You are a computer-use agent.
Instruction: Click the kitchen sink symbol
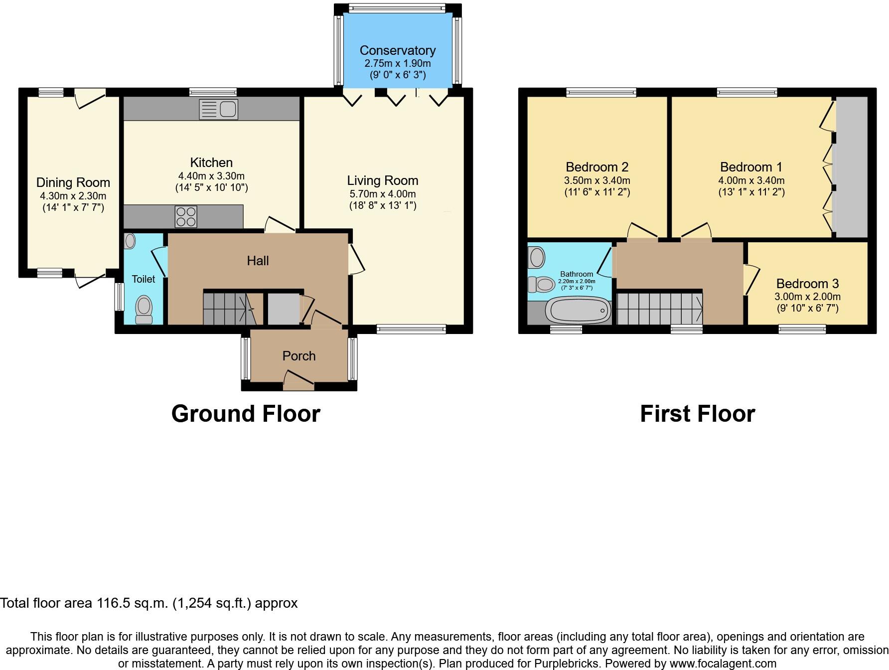click(x=219, y=109)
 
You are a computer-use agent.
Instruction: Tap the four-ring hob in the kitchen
click(x=185, y=217)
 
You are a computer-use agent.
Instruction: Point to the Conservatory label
click(x=397, y=50)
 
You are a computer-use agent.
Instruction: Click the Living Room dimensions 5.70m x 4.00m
click(x=382, y=194)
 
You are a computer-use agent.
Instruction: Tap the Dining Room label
click(x=73, y=182)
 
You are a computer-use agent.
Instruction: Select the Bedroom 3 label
click(x=807, y=284)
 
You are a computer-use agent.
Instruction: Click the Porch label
click(x=299, y=356)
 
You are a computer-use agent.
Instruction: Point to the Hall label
click(x=258, y=260)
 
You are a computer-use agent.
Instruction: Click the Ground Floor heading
click(x=245, y=414)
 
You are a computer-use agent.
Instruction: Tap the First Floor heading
click(x=697, y=414)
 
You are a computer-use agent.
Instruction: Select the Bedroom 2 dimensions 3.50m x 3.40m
click(x=597, y=180)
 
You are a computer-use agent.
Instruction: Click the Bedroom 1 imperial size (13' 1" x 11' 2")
click(x=751, y=192)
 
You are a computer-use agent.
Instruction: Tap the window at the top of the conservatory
click(x=397, y=7)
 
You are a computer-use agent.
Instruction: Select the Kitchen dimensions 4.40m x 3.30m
click(x=211, y=176)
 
